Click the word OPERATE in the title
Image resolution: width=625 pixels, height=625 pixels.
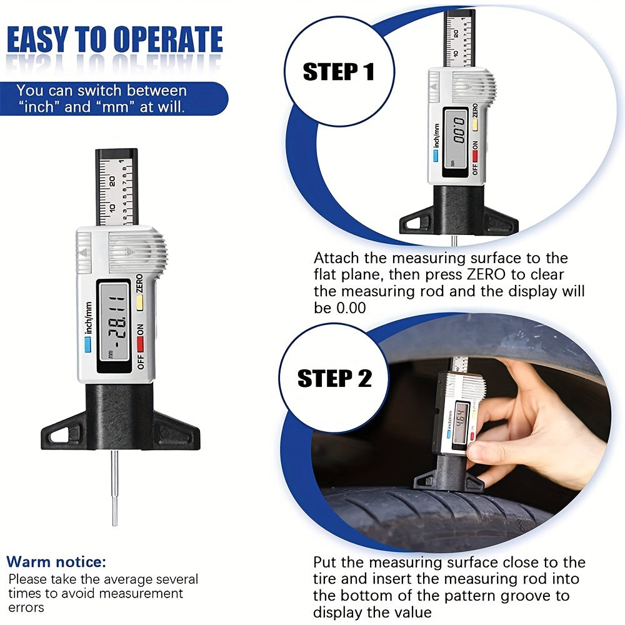[167, 39]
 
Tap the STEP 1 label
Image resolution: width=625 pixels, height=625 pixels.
[339, 72]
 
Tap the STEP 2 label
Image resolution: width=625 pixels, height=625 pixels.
[335, 378]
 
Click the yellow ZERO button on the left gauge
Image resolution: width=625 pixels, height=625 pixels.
[139, 302]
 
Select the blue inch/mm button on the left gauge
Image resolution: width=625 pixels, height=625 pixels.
[87, 345]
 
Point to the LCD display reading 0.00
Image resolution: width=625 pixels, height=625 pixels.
[457, 142]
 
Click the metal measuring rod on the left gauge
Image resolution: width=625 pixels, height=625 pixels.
[115, 488]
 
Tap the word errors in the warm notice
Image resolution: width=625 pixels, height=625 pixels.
[26, 608]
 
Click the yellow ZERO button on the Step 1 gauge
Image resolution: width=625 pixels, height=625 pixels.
[475, 125]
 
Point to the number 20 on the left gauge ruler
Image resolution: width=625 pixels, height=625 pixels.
[112, 181]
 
